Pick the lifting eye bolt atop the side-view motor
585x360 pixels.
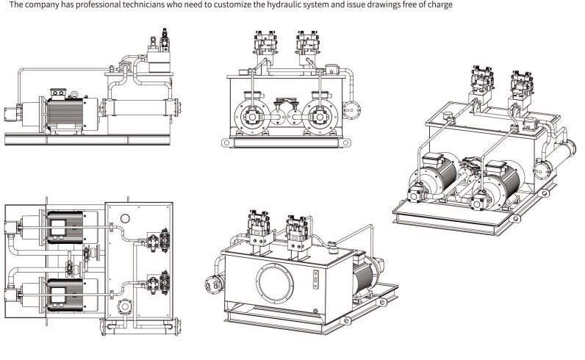click(73, 93)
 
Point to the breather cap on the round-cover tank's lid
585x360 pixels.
click(330, 245)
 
